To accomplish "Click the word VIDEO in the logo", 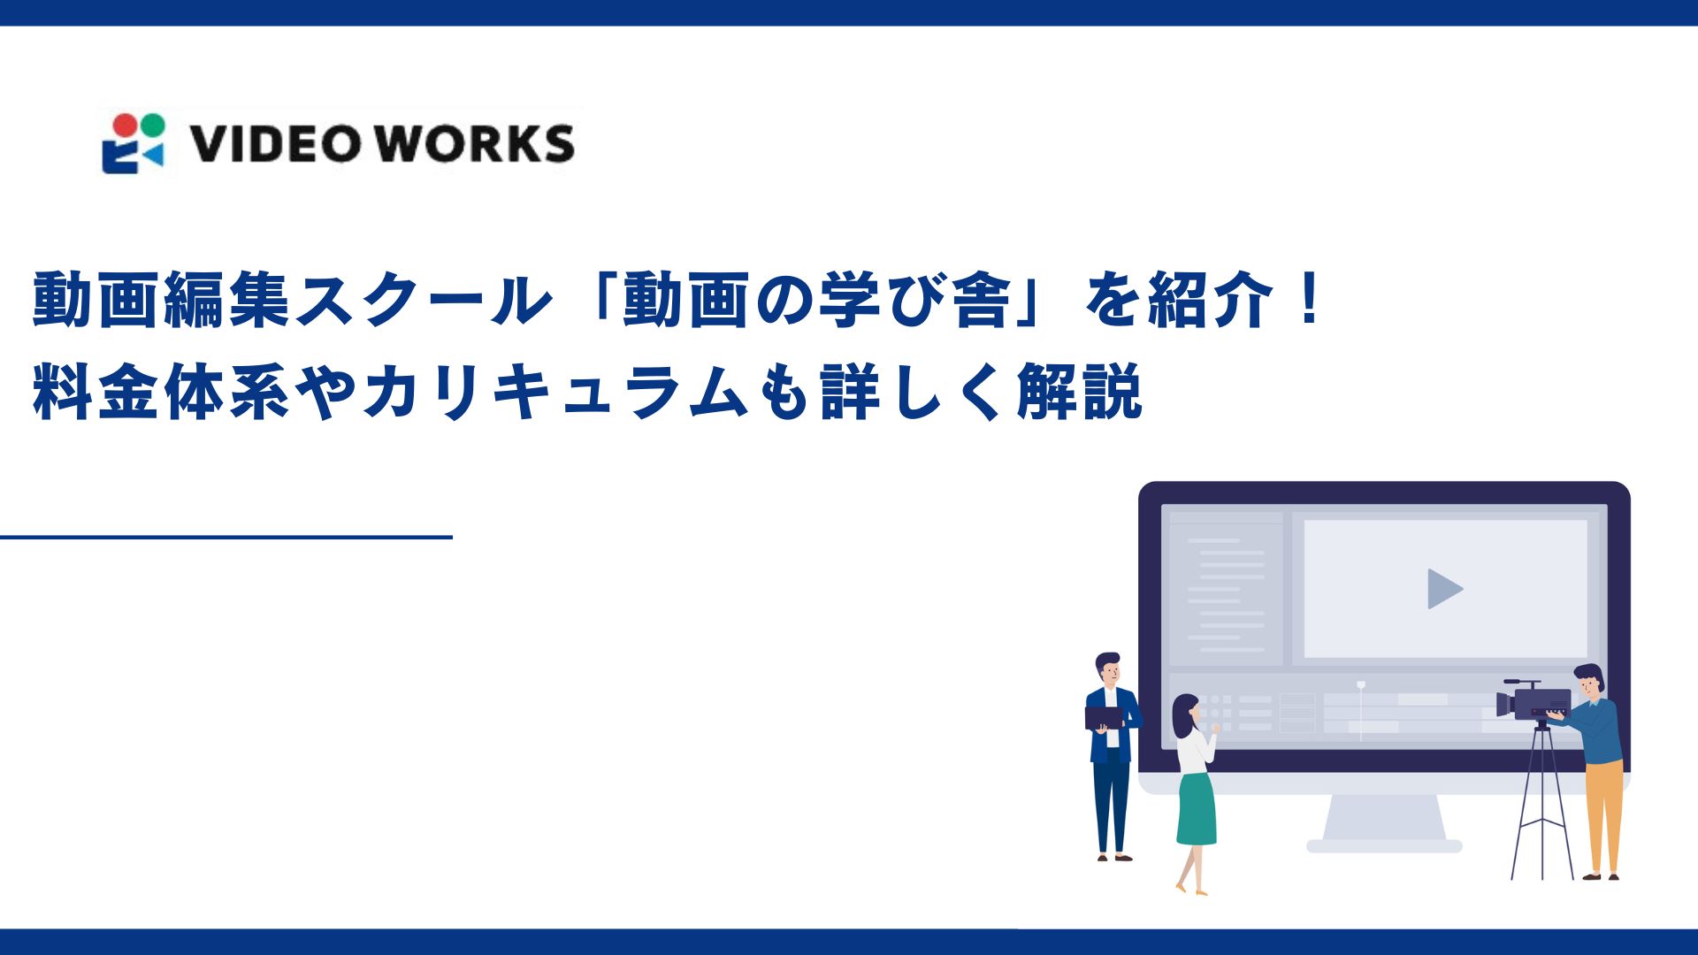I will pos(274,144).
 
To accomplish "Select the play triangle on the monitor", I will pos(1444,589).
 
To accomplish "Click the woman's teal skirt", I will pos(1196,809).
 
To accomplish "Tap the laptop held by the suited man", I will pos(1104,717).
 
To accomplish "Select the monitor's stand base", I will pos(1384,844).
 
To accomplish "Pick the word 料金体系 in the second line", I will pos(161,392).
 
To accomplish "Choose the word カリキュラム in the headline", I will pos(557,392).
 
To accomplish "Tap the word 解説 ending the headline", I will pos(1080,392).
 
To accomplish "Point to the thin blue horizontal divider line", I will pos(226,537).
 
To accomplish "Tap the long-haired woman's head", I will pos(1185,713).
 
